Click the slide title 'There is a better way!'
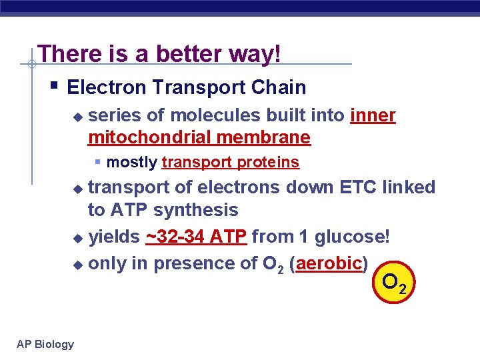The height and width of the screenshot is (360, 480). click(159, 54)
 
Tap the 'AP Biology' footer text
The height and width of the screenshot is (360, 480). click(45, 344)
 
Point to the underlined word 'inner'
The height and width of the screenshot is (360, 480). click(373, 115)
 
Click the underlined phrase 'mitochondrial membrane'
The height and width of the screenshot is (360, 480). click(199, 138)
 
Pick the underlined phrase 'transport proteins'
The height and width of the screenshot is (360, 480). click(230, 162)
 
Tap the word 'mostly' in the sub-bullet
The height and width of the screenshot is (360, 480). click(131, 162)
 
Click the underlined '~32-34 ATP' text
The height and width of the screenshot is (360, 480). click(196, 237)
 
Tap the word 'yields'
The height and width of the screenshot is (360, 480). click(114, 237)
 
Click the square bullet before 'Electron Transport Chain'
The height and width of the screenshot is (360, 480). click(53, 86)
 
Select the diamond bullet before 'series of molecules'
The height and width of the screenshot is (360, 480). click(78, 117)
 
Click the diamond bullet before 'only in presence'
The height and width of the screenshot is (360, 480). click(78, 265)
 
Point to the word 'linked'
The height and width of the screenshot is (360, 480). click(409, 187)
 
